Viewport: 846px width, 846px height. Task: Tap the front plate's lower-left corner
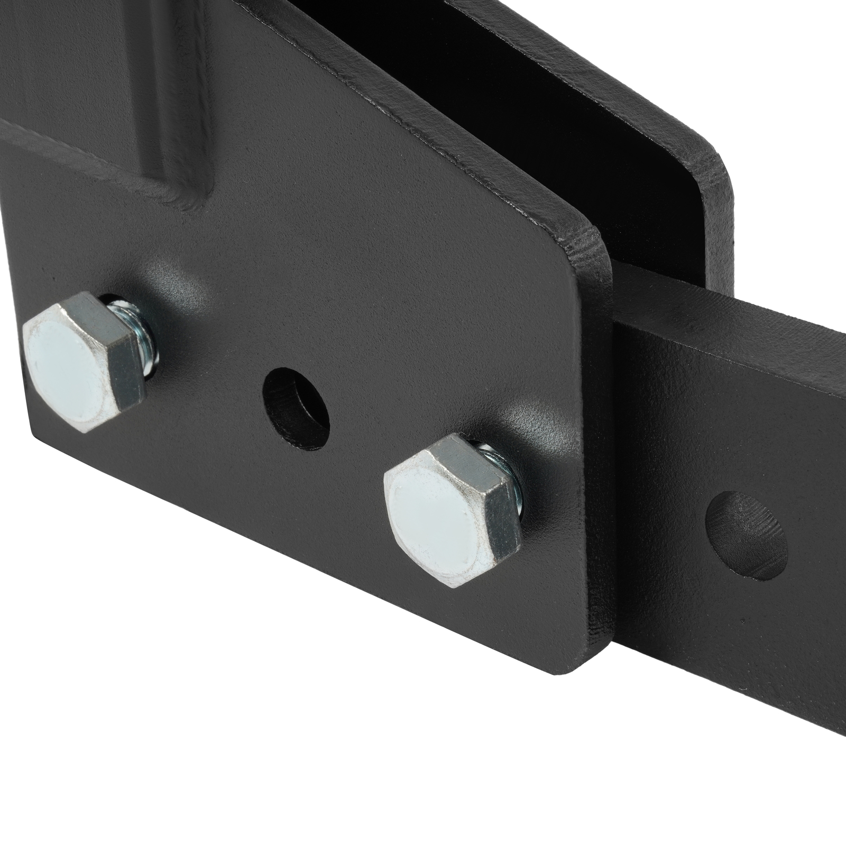pos(37,434)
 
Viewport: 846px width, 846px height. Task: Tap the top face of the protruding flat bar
pos(740,323)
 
